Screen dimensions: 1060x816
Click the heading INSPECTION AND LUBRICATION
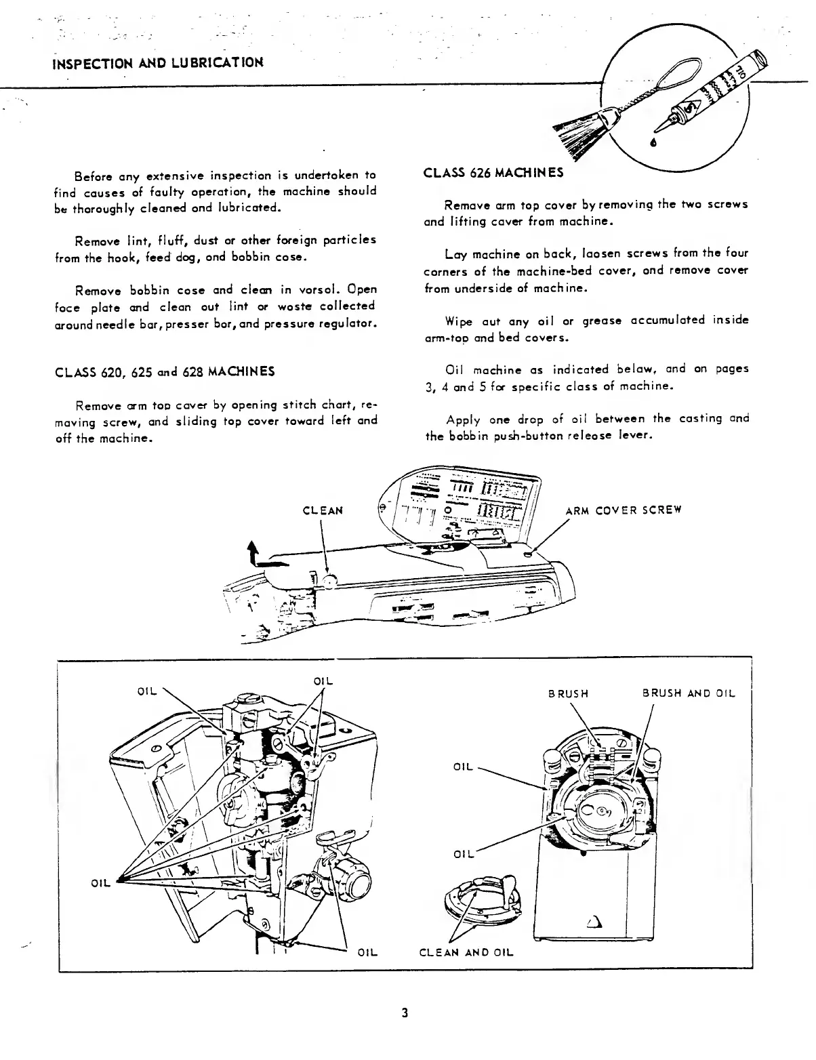pyautogui.click(x=158, y=63)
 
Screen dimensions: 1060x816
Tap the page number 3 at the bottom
pyautogui.click(x=405, y=1013)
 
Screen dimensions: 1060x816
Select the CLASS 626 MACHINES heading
pyautogui.click(x=493, y=173)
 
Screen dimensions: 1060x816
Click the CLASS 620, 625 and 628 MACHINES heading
pyautogui.click(x=165, y=371)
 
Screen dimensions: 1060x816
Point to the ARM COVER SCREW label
pyautogui.click(x=623, y=510)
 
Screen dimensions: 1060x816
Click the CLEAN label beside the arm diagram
pyautogui.click(x=323, y=510)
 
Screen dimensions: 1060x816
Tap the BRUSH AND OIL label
pyautogui.click(x=688, y=693)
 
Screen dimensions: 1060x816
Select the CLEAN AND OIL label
pyautogui.click(x=466, y=952)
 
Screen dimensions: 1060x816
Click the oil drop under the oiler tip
pyautogui.click(x=653, y=143)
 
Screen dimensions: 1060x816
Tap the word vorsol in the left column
pyautogui.click(x=334, y=291)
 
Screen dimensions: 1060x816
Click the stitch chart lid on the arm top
pyautogui.click(x=461, y=502)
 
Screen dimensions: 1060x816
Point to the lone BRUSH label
pyautogui.click(x=568, y=693)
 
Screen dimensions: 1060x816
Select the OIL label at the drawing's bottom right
pyautogui.click(x=367, y=952)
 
